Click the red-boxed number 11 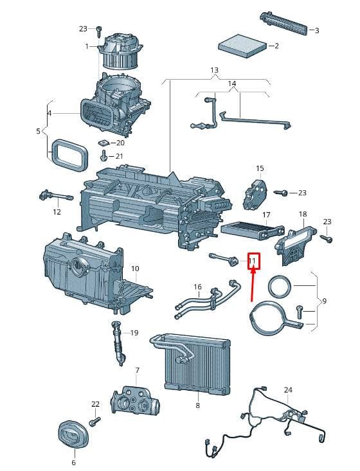[253, 261]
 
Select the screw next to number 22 [94, 421]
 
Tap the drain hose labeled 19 [119, 343]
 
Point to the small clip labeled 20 [103, 142]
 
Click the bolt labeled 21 [103, 156]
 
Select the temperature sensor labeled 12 [56, 195]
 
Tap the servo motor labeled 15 [255, 194]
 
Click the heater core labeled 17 [253, 229]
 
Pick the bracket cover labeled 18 [295, 245]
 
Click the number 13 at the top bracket [214, 70]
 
